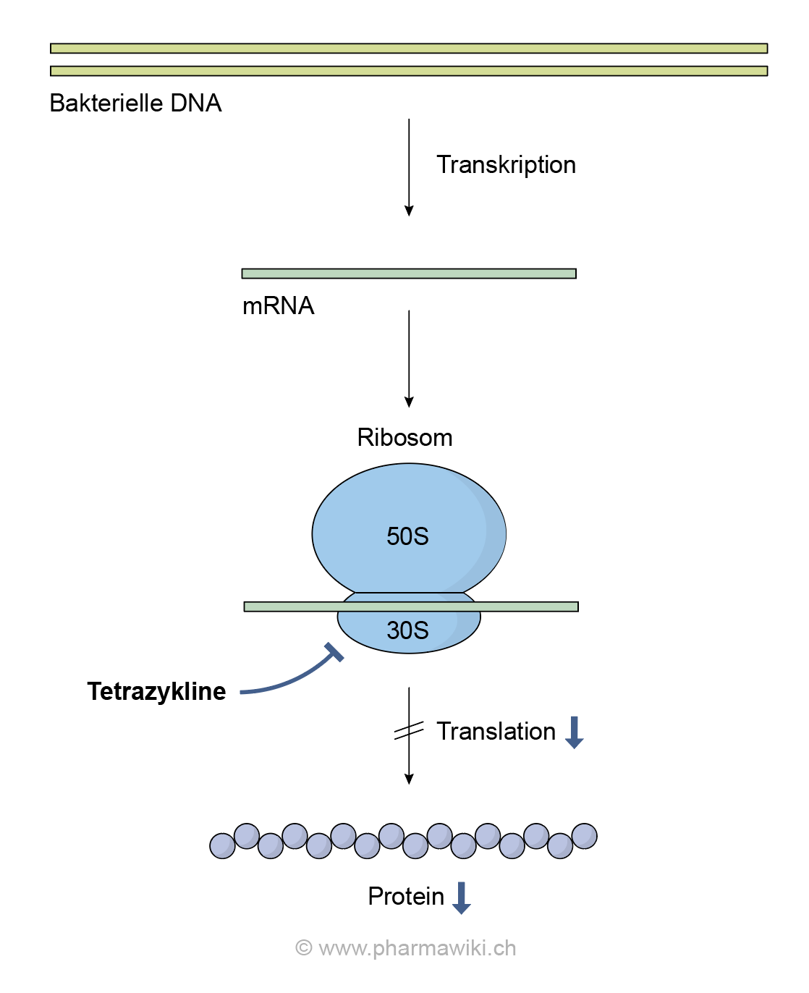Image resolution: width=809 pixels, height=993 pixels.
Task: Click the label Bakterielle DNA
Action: (135, 103)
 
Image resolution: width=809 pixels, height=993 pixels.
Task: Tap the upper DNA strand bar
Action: (409, 48)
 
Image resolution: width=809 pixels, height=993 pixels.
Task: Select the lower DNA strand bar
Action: (409, 71)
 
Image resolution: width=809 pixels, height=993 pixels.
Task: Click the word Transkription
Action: (506, 165)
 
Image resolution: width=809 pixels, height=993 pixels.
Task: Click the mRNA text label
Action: (278, 306)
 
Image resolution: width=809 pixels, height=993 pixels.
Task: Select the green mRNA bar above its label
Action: (409, 274)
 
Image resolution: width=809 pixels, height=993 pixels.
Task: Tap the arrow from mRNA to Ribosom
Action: (409, 359)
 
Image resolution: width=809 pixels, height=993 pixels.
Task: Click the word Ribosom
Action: (404, 438)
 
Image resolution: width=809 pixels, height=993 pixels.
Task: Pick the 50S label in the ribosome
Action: (407, 536)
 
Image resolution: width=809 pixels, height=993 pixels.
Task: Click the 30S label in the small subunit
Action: (407, 630)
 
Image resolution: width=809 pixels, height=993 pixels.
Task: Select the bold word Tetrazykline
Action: (156, 692)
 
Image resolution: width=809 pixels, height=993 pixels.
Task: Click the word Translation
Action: (496, 732)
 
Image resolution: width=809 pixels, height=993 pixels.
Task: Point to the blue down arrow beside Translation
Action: (574, 732)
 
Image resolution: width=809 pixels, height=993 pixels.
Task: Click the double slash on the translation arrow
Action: (409, 732)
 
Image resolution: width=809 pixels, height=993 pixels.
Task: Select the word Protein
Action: (406, 897)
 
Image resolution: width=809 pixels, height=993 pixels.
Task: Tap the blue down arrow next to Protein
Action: (461, 898)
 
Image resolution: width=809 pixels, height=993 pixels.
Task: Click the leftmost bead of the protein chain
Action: (222, 845)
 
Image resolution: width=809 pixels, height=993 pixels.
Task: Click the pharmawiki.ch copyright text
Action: (406, 948)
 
